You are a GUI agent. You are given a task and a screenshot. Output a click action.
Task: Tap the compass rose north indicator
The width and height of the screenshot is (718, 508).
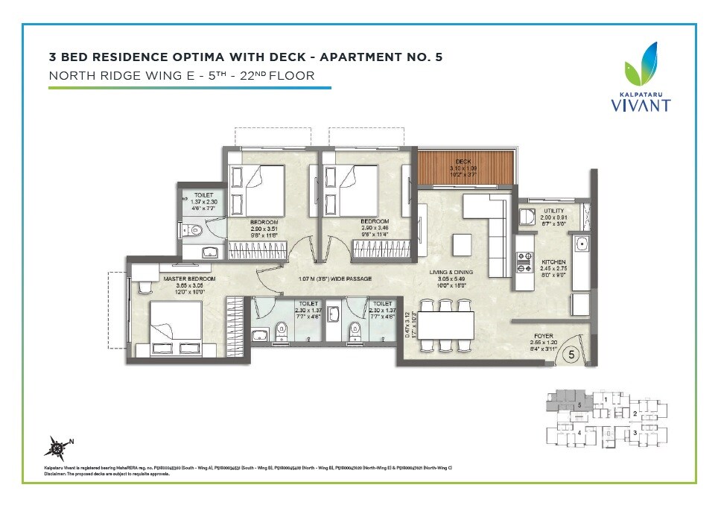pos(57,446)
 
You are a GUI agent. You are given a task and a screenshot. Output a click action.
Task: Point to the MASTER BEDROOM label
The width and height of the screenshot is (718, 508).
pos(189,279)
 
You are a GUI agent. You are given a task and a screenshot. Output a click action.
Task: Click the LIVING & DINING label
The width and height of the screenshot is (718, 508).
pos(452,273)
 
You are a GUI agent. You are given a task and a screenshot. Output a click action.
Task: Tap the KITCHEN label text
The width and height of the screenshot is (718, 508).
pos(553,262)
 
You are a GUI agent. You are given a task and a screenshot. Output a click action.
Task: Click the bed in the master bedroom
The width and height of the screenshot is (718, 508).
pos(177,326)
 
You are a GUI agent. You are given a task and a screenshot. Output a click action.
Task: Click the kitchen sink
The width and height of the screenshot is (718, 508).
pos(580,243)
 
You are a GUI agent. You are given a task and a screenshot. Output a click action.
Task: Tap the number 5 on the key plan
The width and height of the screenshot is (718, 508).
pos(579,405)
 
